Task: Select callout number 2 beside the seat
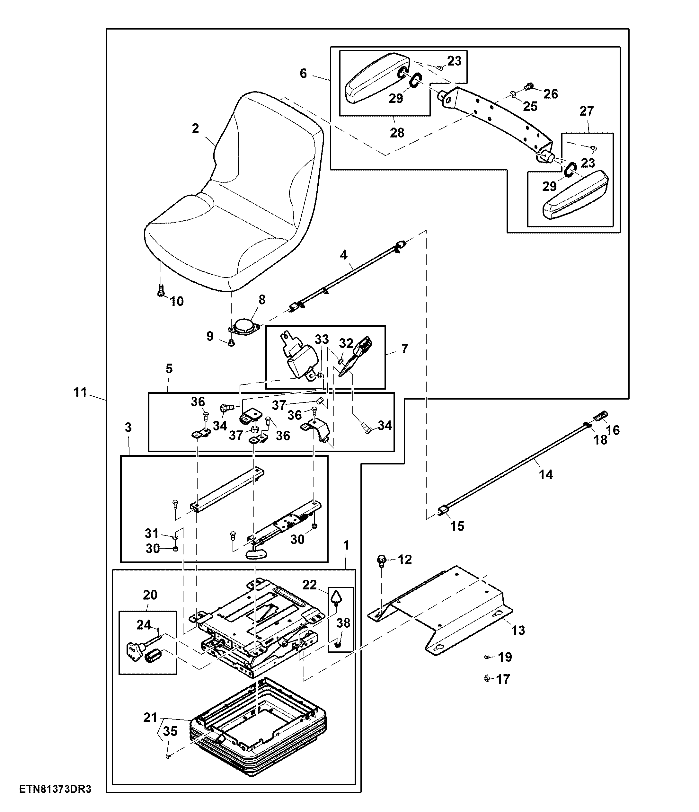195,128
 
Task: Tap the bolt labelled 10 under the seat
160,291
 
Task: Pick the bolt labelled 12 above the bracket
381,561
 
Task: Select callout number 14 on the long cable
546,475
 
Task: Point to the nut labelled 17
487,678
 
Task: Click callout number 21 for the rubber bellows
150,718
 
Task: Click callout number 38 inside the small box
343,623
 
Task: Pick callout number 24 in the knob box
144,625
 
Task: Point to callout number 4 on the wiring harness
343,255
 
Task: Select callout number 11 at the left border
80,392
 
